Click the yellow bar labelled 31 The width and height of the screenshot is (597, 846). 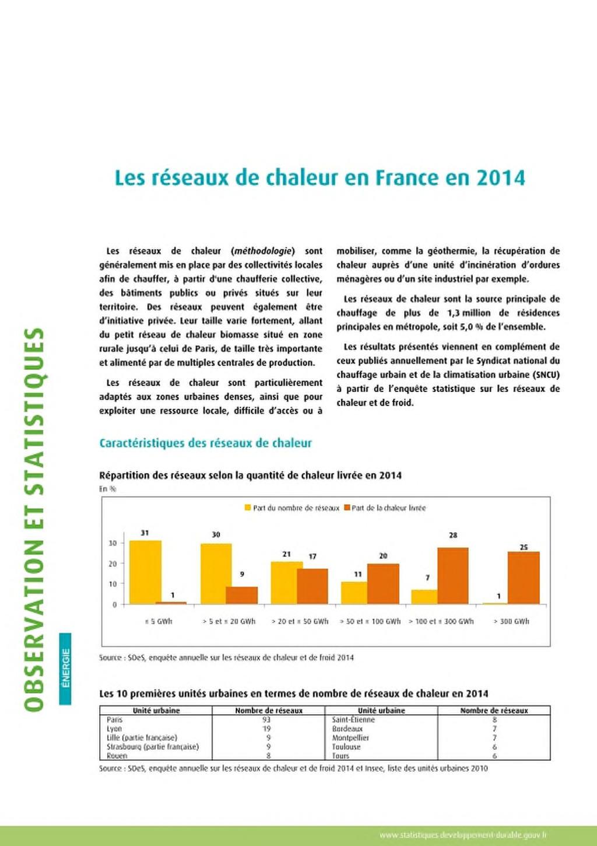pos(145,572)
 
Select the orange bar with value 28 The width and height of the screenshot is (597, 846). pos(453,576)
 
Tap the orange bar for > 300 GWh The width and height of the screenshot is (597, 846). pos(524,578)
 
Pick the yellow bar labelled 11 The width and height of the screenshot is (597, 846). pos(354,593)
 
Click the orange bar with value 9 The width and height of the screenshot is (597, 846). pos(242,595)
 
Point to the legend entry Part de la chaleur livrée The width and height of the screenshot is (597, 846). pos(385,508)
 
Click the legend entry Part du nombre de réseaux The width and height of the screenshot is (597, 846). pos(292,508)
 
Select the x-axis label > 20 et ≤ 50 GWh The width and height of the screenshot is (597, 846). pos(300,621)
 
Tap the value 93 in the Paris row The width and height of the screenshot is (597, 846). pos(267,719)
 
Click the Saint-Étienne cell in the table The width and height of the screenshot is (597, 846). pos(354,719)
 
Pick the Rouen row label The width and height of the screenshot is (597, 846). pos(117,756)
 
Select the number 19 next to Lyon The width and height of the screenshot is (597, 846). pos(267,729)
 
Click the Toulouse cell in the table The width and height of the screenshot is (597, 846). pos(346,747)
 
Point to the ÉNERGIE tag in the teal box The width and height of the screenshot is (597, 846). pos(65,668)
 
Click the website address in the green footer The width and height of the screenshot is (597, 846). pos(463,835)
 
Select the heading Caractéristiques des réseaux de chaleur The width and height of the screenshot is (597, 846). pos(206,443)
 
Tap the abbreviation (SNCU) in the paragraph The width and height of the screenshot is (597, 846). pos(546,375)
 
